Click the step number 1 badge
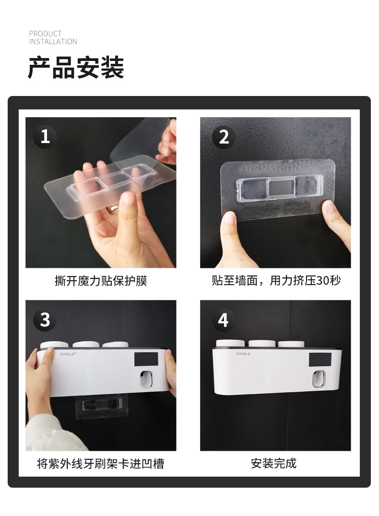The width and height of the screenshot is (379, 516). [45, 137]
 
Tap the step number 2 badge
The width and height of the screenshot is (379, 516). [224, 137]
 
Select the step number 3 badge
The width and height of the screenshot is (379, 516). [45, 320]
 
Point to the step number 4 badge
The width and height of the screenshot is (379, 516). [224, 320]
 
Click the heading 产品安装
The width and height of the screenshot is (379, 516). [76, 68]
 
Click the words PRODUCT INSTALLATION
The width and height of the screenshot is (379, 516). [53, 37]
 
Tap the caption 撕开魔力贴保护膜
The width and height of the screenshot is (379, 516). [101, 281]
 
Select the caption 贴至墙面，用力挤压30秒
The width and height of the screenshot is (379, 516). [276, 281]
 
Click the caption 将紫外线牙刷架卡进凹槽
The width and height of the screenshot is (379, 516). [101, 463]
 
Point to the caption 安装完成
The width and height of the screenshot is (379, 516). [274, 463]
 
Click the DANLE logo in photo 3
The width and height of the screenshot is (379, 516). [68, 354]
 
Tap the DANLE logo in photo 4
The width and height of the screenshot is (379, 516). [243, 354]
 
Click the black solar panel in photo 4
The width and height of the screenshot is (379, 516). [320, 360]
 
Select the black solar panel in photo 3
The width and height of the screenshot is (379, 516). [146, 360]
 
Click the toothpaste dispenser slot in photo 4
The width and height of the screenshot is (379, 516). [319, 379]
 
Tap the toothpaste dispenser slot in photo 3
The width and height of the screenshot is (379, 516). [147, 379]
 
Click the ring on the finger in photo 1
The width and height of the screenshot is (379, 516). [114, 208]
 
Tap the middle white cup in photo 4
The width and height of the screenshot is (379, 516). [262, 344]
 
